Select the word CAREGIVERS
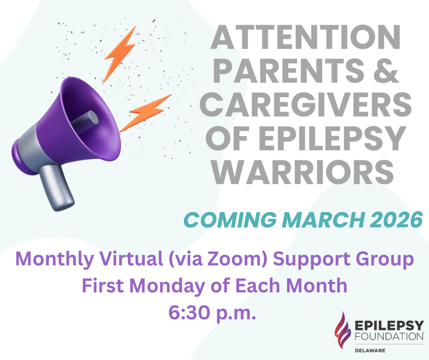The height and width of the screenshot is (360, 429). click(x=306, y=105)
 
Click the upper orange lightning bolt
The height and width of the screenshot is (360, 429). click(x=120, y=54)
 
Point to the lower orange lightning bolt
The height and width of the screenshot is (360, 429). click(x=145, y=113)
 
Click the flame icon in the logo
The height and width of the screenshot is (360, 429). click(x=342, y=330)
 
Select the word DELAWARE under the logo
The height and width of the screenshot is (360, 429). click(x=370, y=351)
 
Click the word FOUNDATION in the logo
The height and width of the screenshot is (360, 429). click(x=389, y=336)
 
